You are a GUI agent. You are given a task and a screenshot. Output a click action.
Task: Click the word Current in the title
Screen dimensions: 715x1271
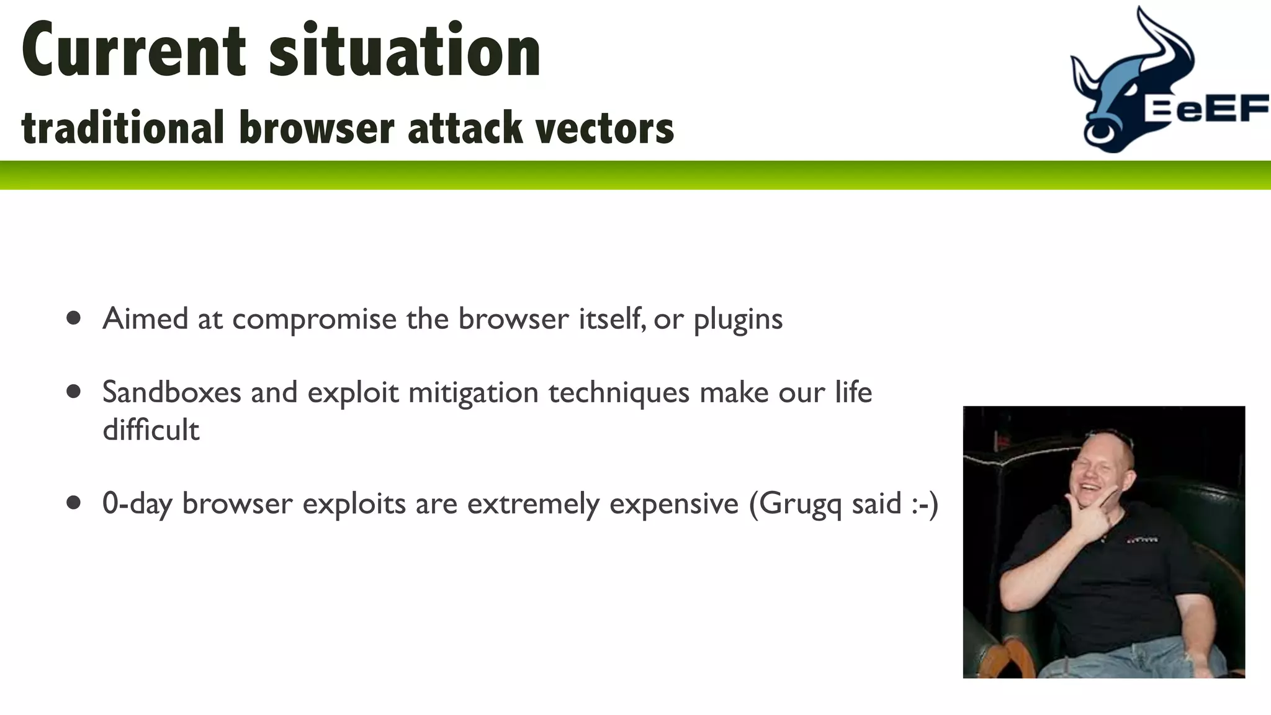pos(133,51)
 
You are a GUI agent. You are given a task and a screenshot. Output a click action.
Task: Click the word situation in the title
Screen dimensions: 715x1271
pos(405,51)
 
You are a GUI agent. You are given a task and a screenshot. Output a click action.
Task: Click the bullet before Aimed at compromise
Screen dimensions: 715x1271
pos(74,318)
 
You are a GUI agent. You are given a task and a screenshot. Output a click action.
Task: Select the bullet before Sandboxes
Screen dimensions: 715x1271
pos(74,392)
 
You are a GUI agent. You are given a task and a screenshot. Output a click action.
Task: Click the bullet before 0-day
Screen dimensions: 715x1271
pos(74,502)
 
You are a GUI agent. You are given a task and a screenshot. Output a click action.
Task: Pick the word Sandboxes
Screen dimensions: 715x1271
pos(171,392)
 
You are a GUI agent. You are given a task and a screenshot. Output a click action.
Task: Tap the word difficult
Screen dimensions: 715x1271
pos(151,429)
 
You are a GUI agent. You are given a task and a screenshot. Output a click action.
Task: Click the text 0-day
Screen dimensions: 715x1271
pos(137,503)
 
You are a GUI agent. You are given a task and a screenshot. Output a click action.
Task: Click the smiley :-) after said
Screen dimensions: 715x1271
pos(925,503)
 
